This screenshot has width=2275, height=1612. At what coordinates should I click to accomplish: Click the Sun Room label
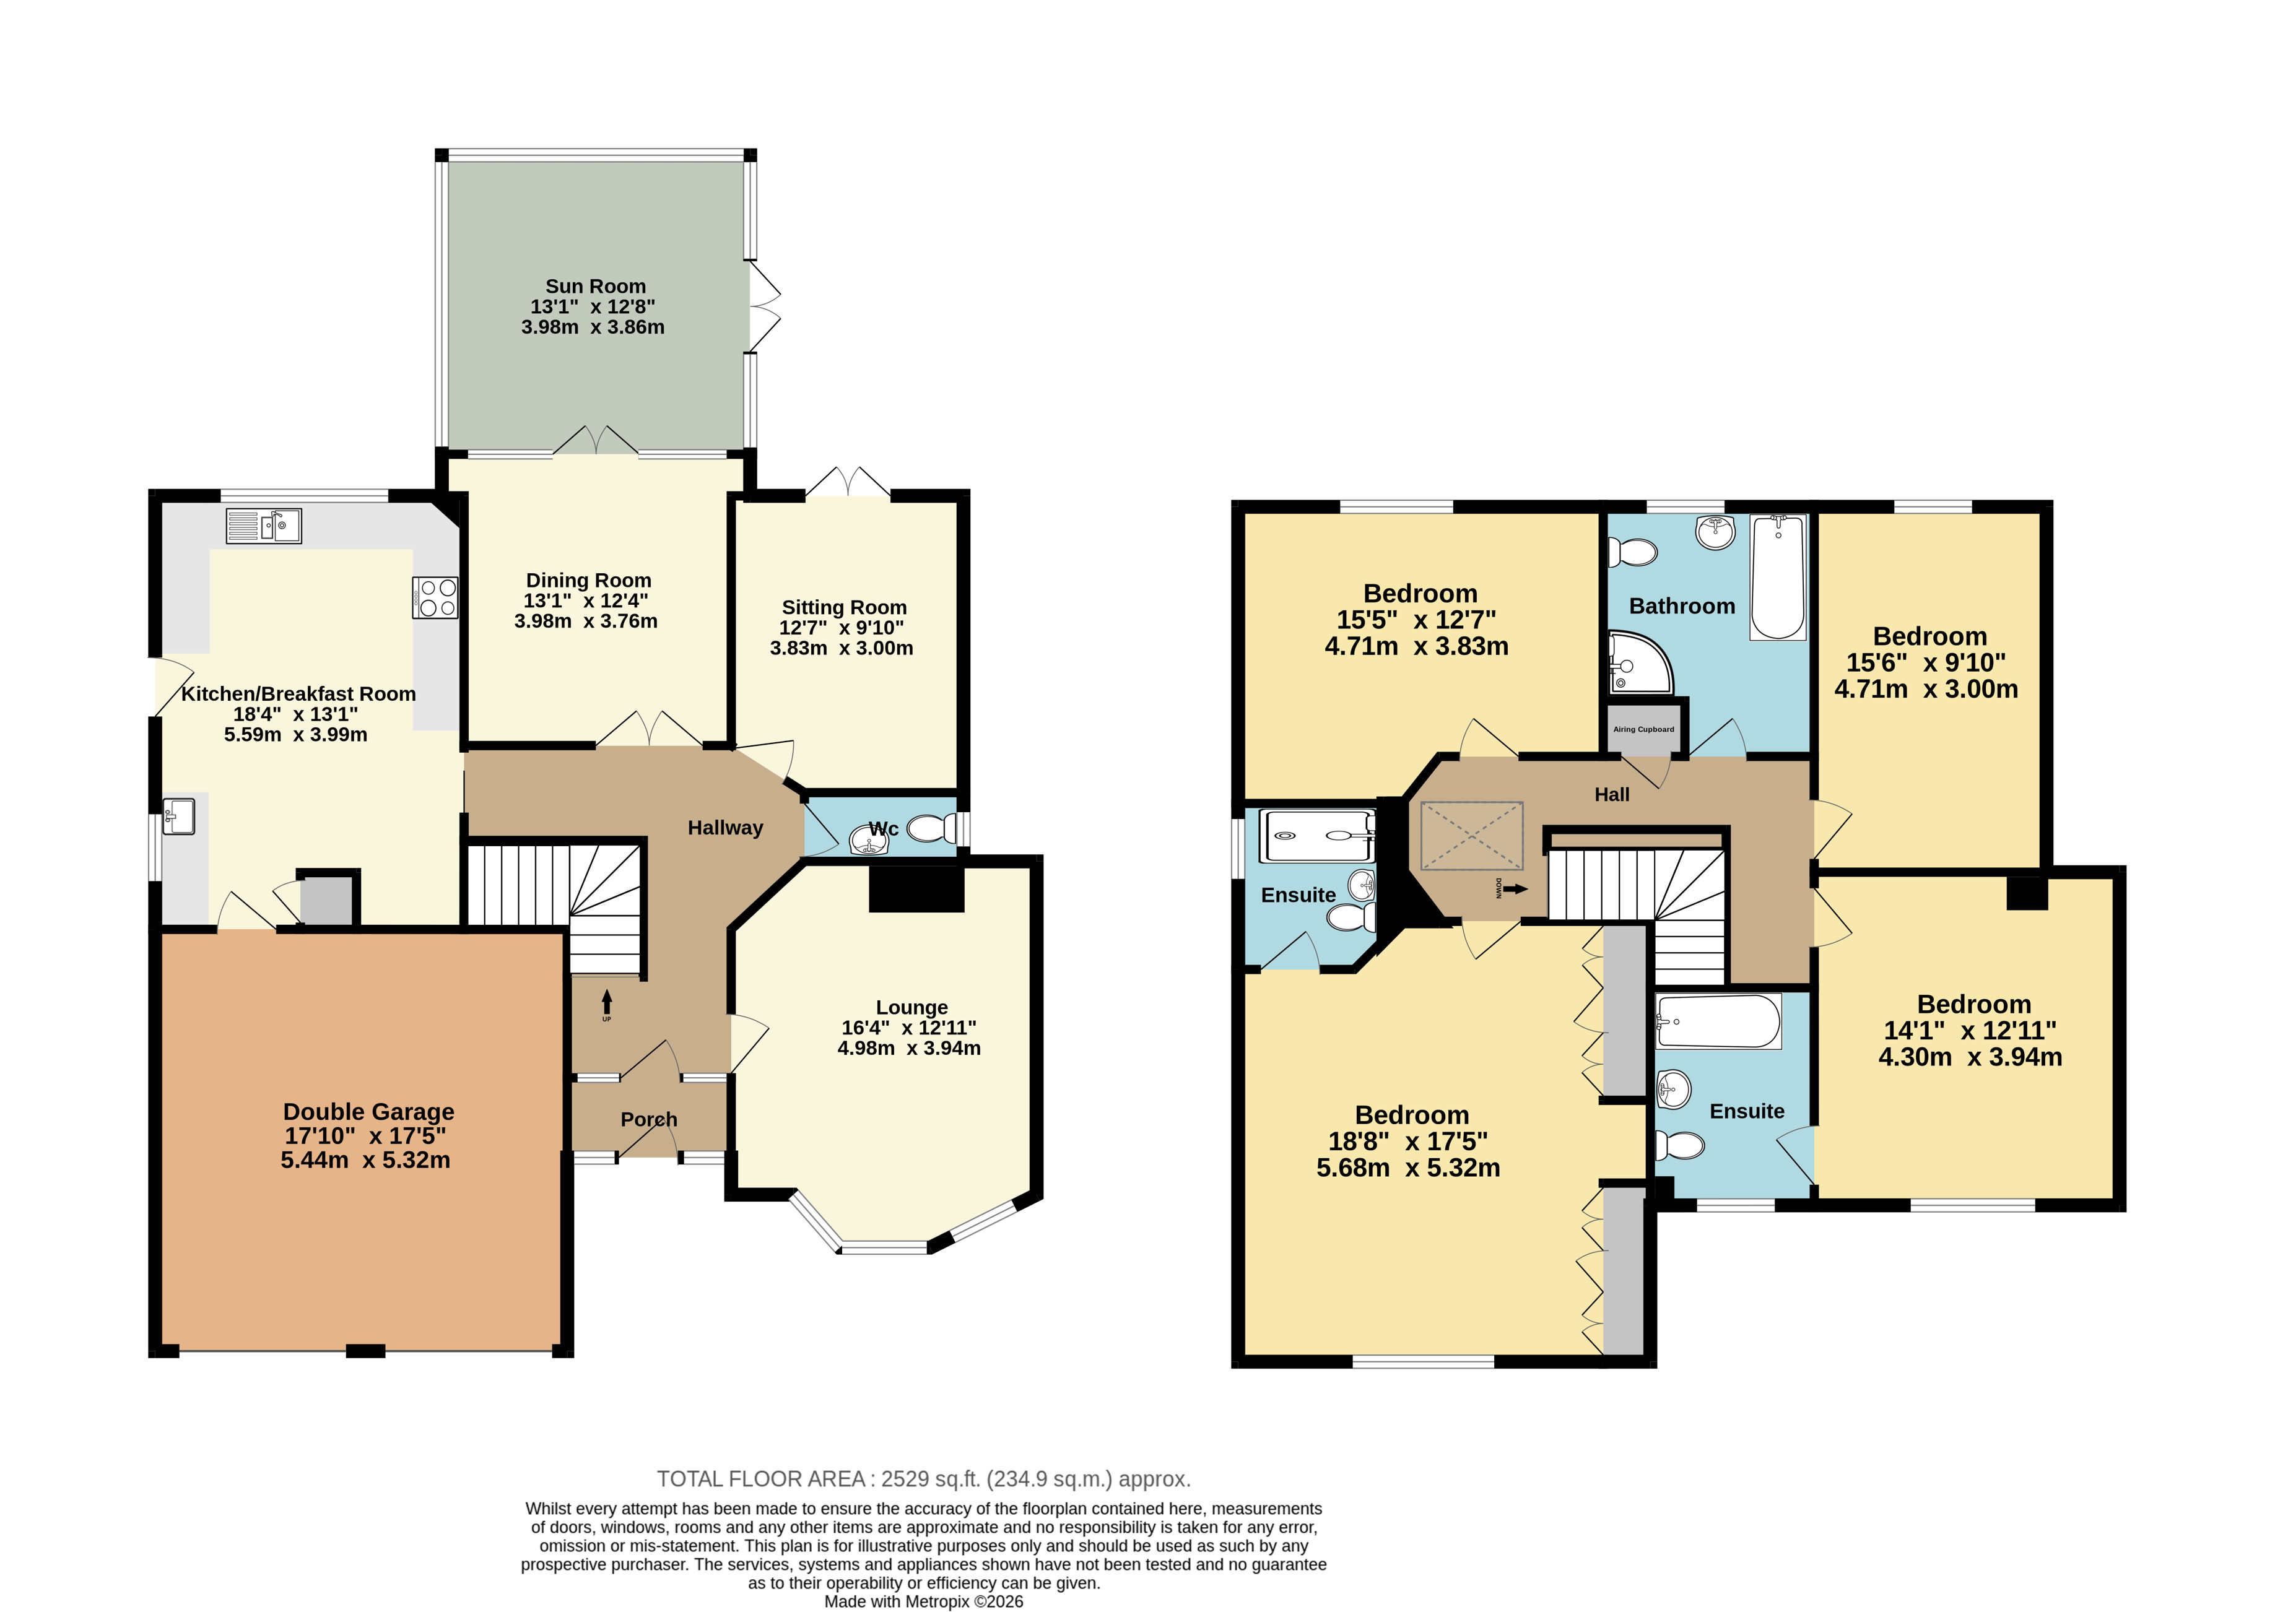point(596,287)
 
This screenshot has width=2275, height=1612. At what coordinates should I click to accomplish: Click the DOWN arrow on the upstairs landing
point(1515,890)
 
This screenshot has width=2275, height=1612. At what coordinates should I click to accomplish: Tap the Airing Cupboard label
point(1644,730)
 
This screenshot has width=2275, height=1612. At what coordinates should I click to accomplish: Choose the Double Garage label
point(368,1112)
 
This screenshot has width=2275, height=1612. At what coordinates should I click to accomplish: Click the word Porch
point(649,1120)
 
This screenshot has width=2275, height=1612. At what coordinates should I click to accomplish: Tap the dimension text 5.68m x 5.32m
point(1409,1168)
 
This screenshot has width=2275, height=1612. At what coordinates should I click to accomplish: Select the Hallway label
point(726,828)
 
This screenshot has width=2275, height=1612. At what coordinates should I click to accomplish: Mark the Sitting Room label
point(844,607)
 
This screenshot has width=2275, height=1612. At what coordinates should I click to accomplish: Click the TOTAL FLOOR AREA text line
point(923,1479)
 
